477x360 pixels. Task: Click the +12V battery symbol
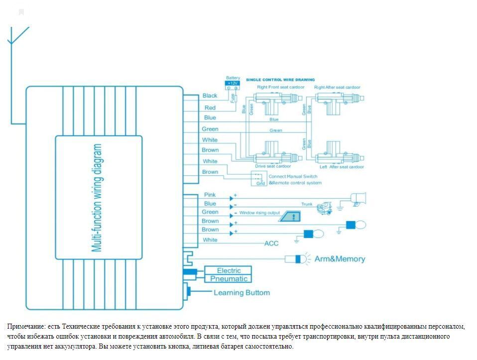click(233, 83)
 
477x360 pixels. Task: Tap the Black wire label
click(210, 96)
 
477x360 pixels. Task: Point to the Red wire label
click(210, 108)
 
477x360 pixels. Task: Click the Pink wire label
click(210, 195)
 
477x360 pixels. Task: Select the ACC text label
click(271, 243)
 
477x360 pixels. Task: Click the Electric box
click(229, 270)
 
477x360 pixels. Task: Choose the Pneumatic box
click(229, 279)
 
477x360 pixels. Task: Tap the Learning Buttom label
click(241, 293)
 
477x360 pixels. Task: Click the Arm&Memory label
click(340, 259)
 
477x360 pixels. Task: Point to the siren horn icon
click(358, 198)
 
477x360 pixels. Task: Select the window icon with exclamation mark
click(292, 216)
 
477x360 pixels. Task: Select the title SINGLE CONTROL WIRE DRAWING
click(280, 80)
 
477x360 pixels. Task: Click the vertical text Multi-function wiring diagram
click(98, 198)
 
